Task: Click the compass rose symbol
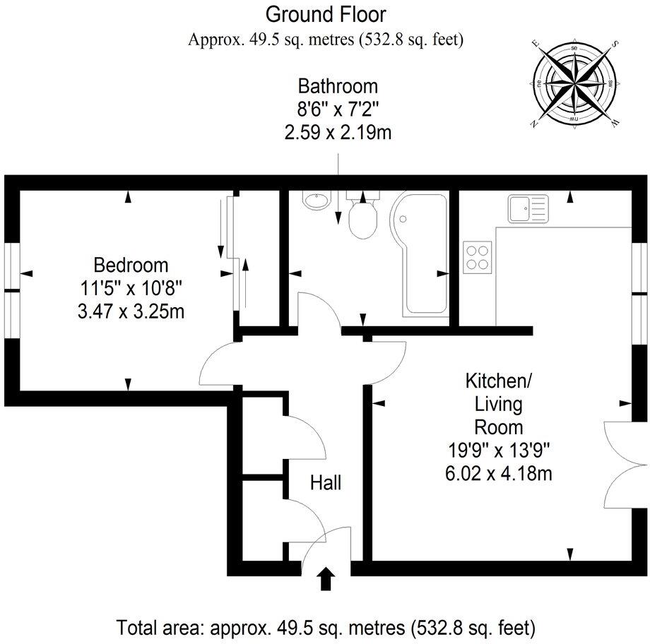pos(574,85)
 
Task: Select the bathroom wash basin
pos(314,201)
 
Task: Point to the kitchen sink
pos(527,209)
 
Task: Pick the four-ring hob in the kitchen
pos(478,256)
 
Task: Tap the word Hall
pos(326,483)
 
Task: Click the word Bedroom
pos(131,266)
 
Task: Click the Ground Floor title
pos(326,13)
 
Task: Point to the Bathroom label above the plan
pos(338,87)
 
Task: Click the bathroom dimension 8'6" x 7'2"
pos(338,109)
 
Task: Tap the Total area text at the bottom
pos(326,626)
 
